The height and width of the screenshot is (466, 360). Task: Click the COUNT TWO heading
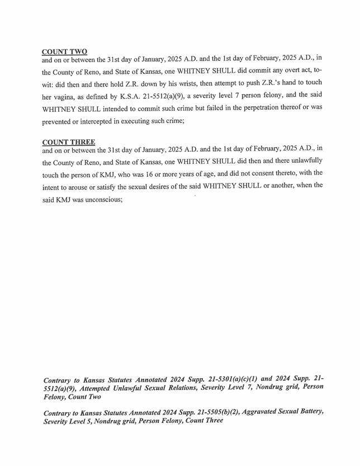pos(64,52)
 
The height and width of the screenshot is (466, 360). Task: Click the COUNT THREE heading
pos(68,142)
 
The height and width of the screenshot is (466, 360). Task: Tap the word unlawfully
pos(304,161)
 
